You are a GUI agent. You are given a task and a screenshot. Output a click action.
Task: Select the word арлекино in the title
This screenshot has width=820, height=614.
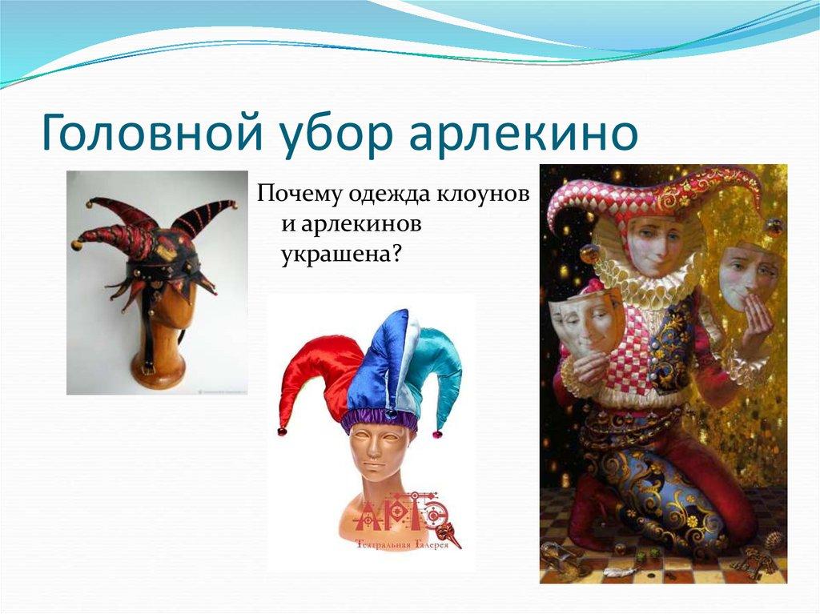[524, 134]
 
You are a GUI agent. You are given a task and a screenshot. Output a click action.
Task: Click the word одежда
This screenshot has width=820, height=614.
[388, 195]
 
